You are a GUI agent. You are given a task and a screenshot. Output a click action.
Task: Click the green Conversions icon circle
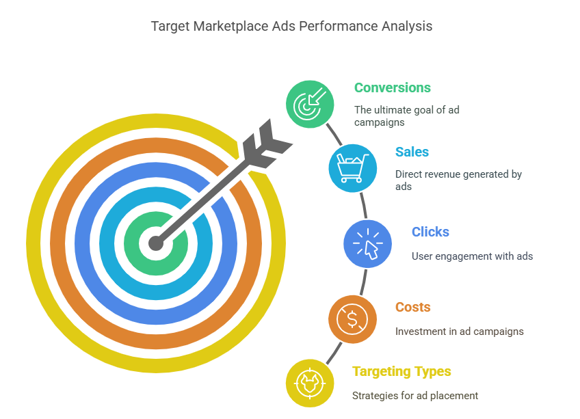click(310, 104)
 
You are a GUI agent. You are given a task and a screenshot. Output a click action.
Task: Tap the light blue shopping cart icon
click(353, 167)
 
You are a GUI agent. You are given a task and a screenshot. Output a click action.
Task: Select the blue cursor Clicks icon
click(367, 243)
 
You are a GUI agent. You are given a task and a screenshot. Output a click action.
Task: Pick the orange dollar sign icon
click(352, 319)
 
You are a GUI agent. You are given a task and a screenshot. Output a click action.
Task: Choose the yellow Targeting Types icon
click(310, 382)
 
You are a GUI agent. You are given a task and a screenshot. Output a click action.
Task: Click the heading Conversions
click(392, 88)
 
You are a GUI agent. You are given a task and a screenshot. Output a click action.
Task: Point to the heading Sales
click(412, 152)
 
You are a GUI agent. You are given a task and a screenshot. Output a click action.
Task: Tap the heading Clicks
click(430, 232)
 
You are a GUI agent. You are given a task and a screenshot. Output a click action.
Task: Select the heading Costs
click(412, 307)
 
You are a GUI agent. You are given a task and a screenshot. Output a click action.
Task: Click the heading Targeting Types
click(401, 371)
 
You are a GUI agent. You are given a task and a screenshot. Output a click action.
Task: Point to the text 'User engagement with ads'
click(472, 256)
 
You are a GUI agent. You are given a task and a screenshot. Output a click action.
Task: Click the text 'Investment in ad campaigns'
click(459, 332)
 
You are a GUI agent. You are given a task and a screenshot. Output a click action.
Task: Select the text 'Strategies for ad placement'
click(414, 396)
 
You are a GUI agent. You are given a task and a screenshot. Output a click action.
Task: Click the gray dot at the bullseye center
click(157, 243)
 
